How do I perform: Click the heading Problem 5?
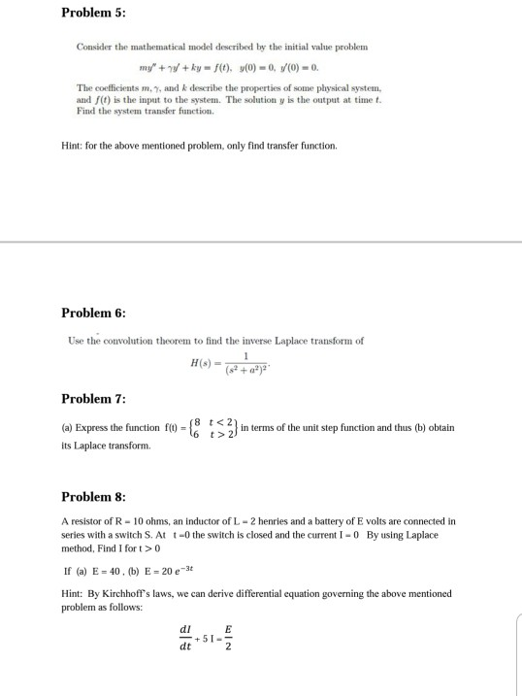click(93, 13)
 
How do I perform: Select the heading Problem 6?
click(93, 313)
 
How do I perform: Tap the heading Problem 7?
click(93, 399)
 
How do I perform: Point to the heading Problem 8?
click(93, 496)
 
